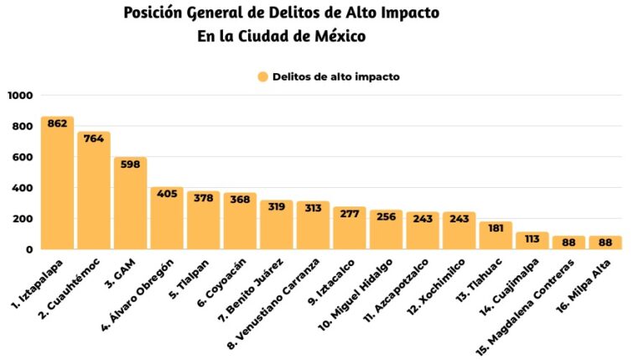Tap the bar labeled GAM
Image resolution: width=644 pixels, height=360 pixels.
coord(130,206)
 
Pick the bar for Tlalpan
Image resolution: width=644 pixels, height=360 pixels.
coord(203,222)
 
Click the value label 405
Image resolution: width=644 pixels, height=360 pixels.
coord(167,194)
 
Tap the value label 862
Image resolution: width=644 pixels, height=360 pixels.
coord(57,123)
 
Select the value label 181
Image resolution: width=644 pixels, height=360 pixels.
coord(496,228)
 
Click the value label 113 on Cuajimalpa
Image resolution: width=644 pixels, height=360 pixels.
coord(532,238)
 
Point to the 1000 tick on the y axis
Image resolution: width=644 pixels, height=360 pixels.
coord(19,96)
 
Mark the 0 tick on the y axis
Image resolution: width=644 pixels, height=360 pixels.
coord(29,249)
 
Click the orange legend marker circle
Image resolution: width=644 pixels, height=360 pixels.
coord(262,76)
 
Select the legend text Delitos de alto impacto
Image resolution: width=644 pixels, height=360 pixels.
coord(335,76)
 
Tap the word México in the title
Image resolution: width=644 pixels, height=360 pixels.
coord(337,37)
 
